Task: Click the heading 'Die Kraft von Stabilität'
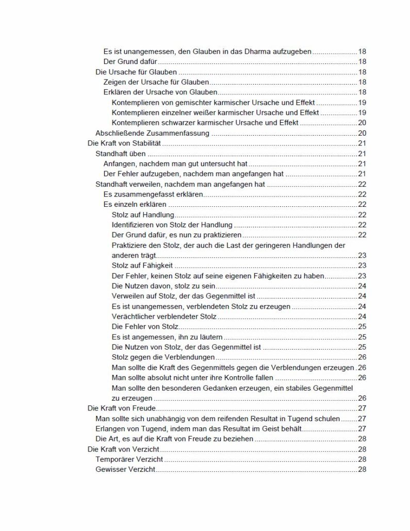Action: pos(124,143)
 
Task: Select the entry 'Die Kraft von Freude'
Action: pos(118,408)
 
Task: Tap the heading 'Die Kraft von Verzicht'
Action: pos(120,449)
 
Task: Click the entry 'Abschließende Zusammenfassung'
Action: pos(152,133)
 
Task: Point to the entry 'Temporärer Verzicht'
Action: pos(129,459)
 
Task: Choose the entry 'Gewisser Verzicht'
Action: pos(126,469)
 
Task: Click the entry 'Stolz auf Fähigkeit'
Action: pos(142,265)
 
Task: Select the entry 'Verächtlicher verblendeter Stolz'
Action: pos(164,317)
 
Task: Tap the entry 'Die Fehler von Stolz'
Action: pos(145,327)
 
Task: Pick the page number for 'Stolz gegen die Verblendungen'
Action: pos(362,357)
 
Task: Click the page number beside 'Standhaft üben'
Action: pos(362,154)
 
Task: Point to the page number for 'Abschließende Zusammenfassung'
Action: pos(362,133)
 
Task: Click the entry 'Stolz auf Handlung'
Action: pos(143,214)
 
